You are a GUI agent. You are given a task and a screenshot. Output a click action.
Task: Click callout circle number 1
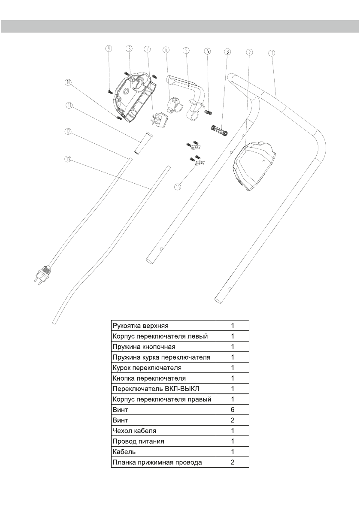[x=271, y=53]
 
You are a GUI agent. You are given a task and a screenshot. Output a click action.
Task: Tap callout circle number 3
[x=227, y=51]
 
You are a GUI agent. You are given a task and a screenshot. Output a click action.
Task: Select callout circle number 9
[x=109, y=49]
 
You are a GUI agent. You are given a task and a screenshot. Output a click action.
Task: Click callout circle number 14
[x=178, y=186]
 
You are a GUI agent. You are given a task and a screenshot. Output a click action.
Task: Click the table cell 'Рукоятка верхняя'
[x=163, y=325]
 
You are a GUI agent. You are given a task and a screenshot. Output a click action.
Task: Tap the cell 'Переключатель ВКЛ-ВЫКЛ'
[x=163, y=389]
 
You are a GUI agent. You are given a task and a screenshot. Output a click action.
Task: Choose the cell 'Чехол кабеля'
[x=163, y=431]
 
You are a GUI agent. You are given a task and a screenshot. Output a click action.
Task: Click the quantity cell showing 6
[x=232, y=410]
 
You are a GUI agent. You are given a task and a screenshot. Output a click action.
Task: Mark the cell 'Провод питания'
[x=163, y=441]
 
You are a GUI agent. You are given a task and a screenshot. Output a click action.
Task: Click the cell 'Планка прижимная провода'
[x=163, y=462]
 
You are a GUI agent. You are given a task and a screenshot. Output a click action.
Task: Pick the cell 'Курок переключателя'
[x=163, y=368]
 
